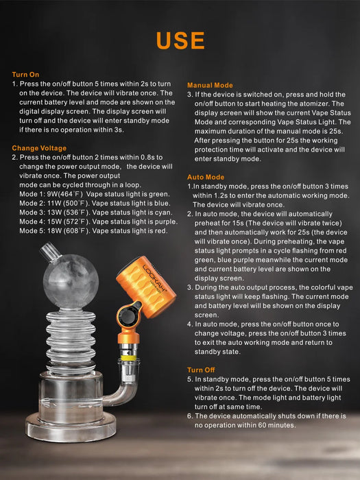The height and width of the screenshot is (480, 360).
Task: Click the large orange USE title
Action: (180, 40)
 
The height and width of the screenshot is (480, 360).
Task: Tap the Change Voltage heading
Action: (39, 148)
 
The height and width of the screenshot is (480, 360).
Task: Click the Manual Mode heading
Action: (211, 84)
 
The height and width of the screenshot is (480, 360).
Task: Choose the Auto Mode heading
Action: (206, 177)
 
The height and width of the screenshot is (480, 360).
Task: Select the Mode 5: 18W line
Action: (89, 231)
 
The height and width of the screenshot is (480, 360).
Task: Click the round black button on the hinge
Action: (129, 317)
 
